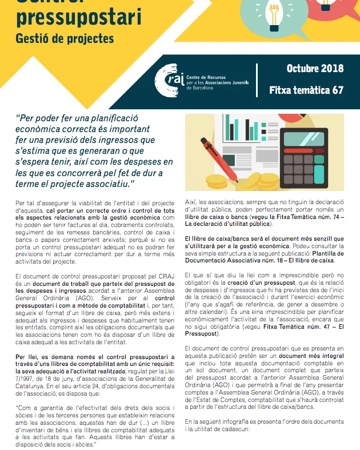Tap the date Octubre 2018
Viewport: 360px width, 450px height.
pyautogui.click(x=315, y=69)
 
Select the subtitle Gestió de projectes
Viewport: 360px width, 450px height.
pyautogui.click(x=65, y=39)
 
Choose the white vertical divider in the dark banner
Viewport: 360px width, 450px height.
pyautogui.click(x=257, y=79)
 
